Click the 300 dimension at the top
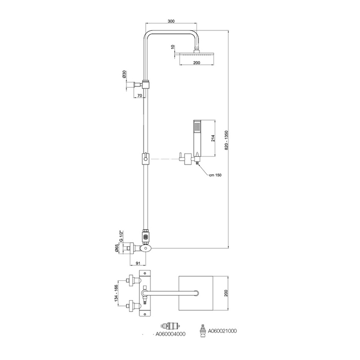pyautogui.click(x=172, y=21)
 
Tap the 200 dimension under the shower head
pyautogui.click(x=196, y=62)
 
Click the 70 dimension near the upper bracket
pyautogui.click(x=140, y=96)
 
